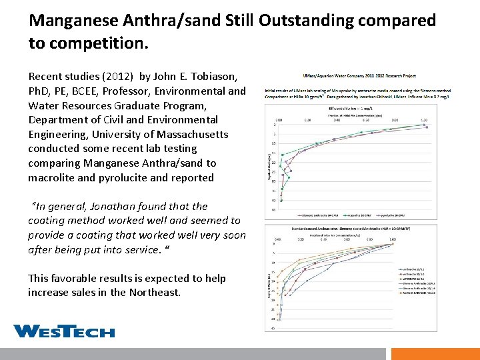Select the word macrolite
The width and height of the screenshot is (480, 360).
coord(56,178)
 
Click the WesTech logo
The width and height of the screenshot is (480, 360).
coord(63,331)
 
